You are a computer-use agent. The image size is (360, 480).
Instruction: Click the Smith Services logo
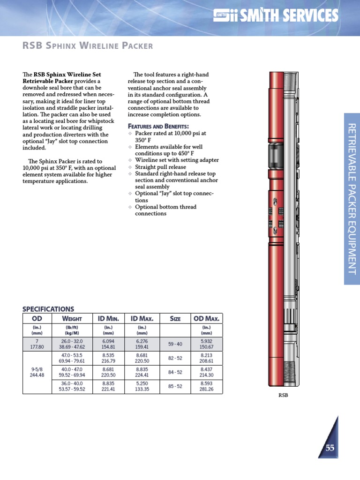coord(275,16)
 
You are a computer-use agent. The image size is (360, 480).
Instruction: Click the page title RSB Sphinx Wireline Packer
coord(88,46)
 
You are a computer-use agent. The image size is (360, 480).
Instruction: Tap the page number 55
coord(330,448)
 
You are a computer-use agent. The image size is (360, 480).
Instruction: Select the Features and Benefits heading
coord(158,127)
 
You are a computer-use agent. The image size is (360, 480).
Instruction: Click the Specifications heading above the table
coord(48,309)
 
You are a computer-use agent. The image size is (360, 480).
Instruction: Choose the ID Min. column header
coord(108,319)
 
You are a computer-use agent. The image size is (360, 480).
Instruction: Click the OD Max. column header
coord(206,319)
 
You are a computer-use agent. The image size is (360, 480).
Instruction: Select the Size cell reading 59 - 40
coord(175,344)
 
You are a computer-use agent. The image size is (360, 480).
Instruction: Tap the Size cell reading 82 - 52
coord(175,358)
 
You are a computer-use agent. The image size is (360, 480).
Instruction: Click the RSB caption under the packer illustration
coord(283,395)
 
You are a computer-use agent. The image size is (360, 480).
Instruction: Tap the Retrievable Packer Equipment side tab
coord(352,199)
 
